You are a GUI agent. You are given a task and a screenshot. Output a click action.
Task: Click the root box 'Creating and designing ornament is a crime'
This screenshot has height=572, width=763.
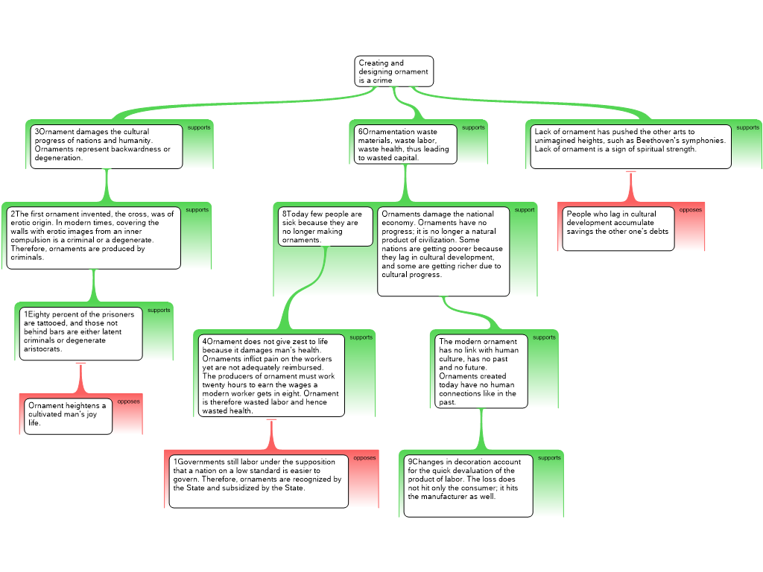pyautogui.click(x=393, y=71)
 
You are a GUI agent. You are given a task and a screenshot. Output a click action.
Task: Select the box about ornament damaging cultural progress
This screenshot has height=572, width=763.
pyautogui.click(x=107, y=146)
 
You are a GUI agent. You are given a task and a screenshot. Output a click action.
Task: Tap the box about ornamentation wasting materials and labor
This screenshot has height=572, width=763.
pyautogui.click(x=405, y=144)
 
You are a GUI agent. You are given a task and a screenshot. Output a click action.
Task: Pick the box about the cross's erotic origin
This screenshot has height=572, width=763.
pyautogui.click(x=94, y=237)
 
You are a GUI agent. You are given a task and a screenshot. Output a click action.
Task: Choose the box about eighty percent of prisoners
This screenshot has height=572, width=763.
pyautogui.click(x=80, y=333)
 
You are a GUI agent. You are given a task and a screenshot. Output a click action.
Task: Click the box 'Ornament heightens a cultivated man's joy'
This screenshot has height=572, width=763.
pyautogui.click(x=68, y=416)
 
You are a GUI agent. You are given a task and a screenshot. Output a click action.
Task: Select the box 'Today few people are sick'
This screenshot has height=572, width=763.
pyautogui.click(x=325, y=226)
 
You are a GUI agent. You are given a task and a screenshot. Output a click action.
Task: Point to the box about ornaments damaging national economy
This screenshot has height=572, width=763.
pyautogui.click(x=443, y=251)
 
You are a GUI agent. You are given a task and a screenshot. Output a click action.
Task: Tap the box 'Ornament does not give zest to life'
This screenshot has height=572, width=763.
pyautogui.click(x=271, y=375)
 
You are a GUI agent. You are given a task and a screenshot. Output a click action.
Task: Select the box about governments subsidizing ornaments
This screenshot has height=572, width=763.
pyautogui.click(x=258, y=480)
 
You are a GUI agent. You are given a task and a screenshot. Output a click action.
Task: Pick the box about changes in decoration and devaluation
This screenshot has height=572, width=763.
pyautogui.click(x=468, y=485)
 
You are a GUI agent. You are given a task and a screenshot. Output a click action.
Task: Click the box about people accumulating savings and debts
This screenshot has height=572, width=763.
pyautogui.click(x=618, y=228)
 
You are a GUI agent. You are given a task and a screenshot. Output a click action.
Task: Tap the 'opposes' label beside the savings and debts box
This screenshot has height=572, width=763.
pyautogui.click(x=690, y=210)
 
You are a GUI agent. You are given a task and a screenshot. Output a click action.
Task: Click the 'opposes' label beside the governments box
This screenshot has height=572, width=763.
pyautogui.click(x=364, y=458)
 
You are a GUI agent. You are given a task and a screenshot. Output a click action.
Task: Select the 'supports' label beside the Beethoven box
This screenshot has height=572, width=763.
pyautogui.click(x=747, y=127)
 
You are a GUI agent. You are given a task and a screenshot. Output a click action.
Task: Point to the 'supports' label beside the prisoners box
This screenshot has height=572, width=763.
pyautogui.click(x=159, y=310)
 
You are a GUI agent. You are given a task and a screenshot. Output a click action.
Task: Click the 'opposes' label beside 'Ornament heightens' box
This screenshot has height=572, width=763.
pyautogui.click(x=128, y=401)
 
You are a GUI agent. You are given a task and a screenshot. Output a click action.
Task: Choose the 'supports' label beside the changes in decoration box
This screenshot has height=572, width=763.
pyautogui.click(x=549, y=458)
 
